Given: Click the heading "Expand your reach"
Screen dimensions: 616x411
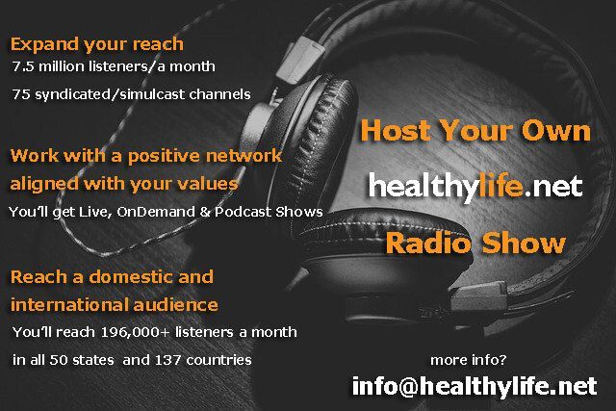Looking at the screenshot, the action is click(x=96, y=45).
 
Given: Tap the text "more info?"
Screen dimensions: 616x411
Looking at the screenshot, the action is click(x=469, y=360).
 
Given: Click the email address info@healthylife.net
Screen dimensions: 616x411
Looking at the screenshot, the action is click(x=475, y=387).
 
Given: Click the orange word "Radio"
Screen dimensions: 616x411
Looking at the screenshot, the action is click(x=428, y=244).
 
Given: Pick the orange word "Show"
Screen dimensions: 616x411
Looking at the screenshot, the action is click(x=524, y=244).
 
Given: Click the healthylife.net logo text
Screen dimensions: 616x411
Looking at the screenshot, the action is click(x=475, y=187).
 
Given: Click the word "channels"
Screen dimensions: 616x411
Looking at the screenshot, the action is click(x=220, y=94).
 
